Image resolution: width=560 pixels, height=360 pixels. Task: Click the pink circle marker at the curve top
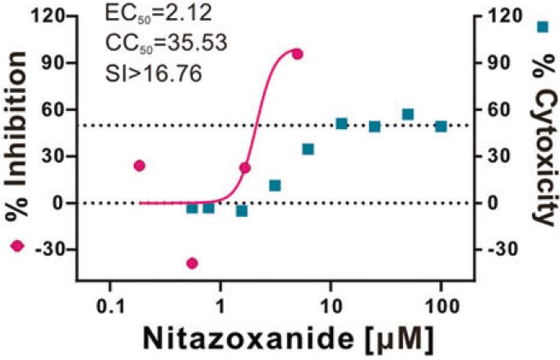coord(297,54)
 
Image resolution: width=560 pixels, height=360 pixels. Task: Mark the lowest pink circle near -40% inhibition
coord(192,263)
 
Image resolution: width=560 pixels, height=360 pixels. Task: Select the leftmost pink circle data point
coord(139,166)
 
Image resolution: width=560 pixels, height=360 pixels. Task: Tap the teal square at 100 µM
coord(441,127)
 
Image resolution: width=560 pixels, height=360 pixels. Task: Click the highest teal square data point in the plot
coord(408,114)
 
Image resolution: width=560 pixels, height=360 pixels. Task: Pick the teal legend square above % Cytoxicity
coord(542,27)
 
